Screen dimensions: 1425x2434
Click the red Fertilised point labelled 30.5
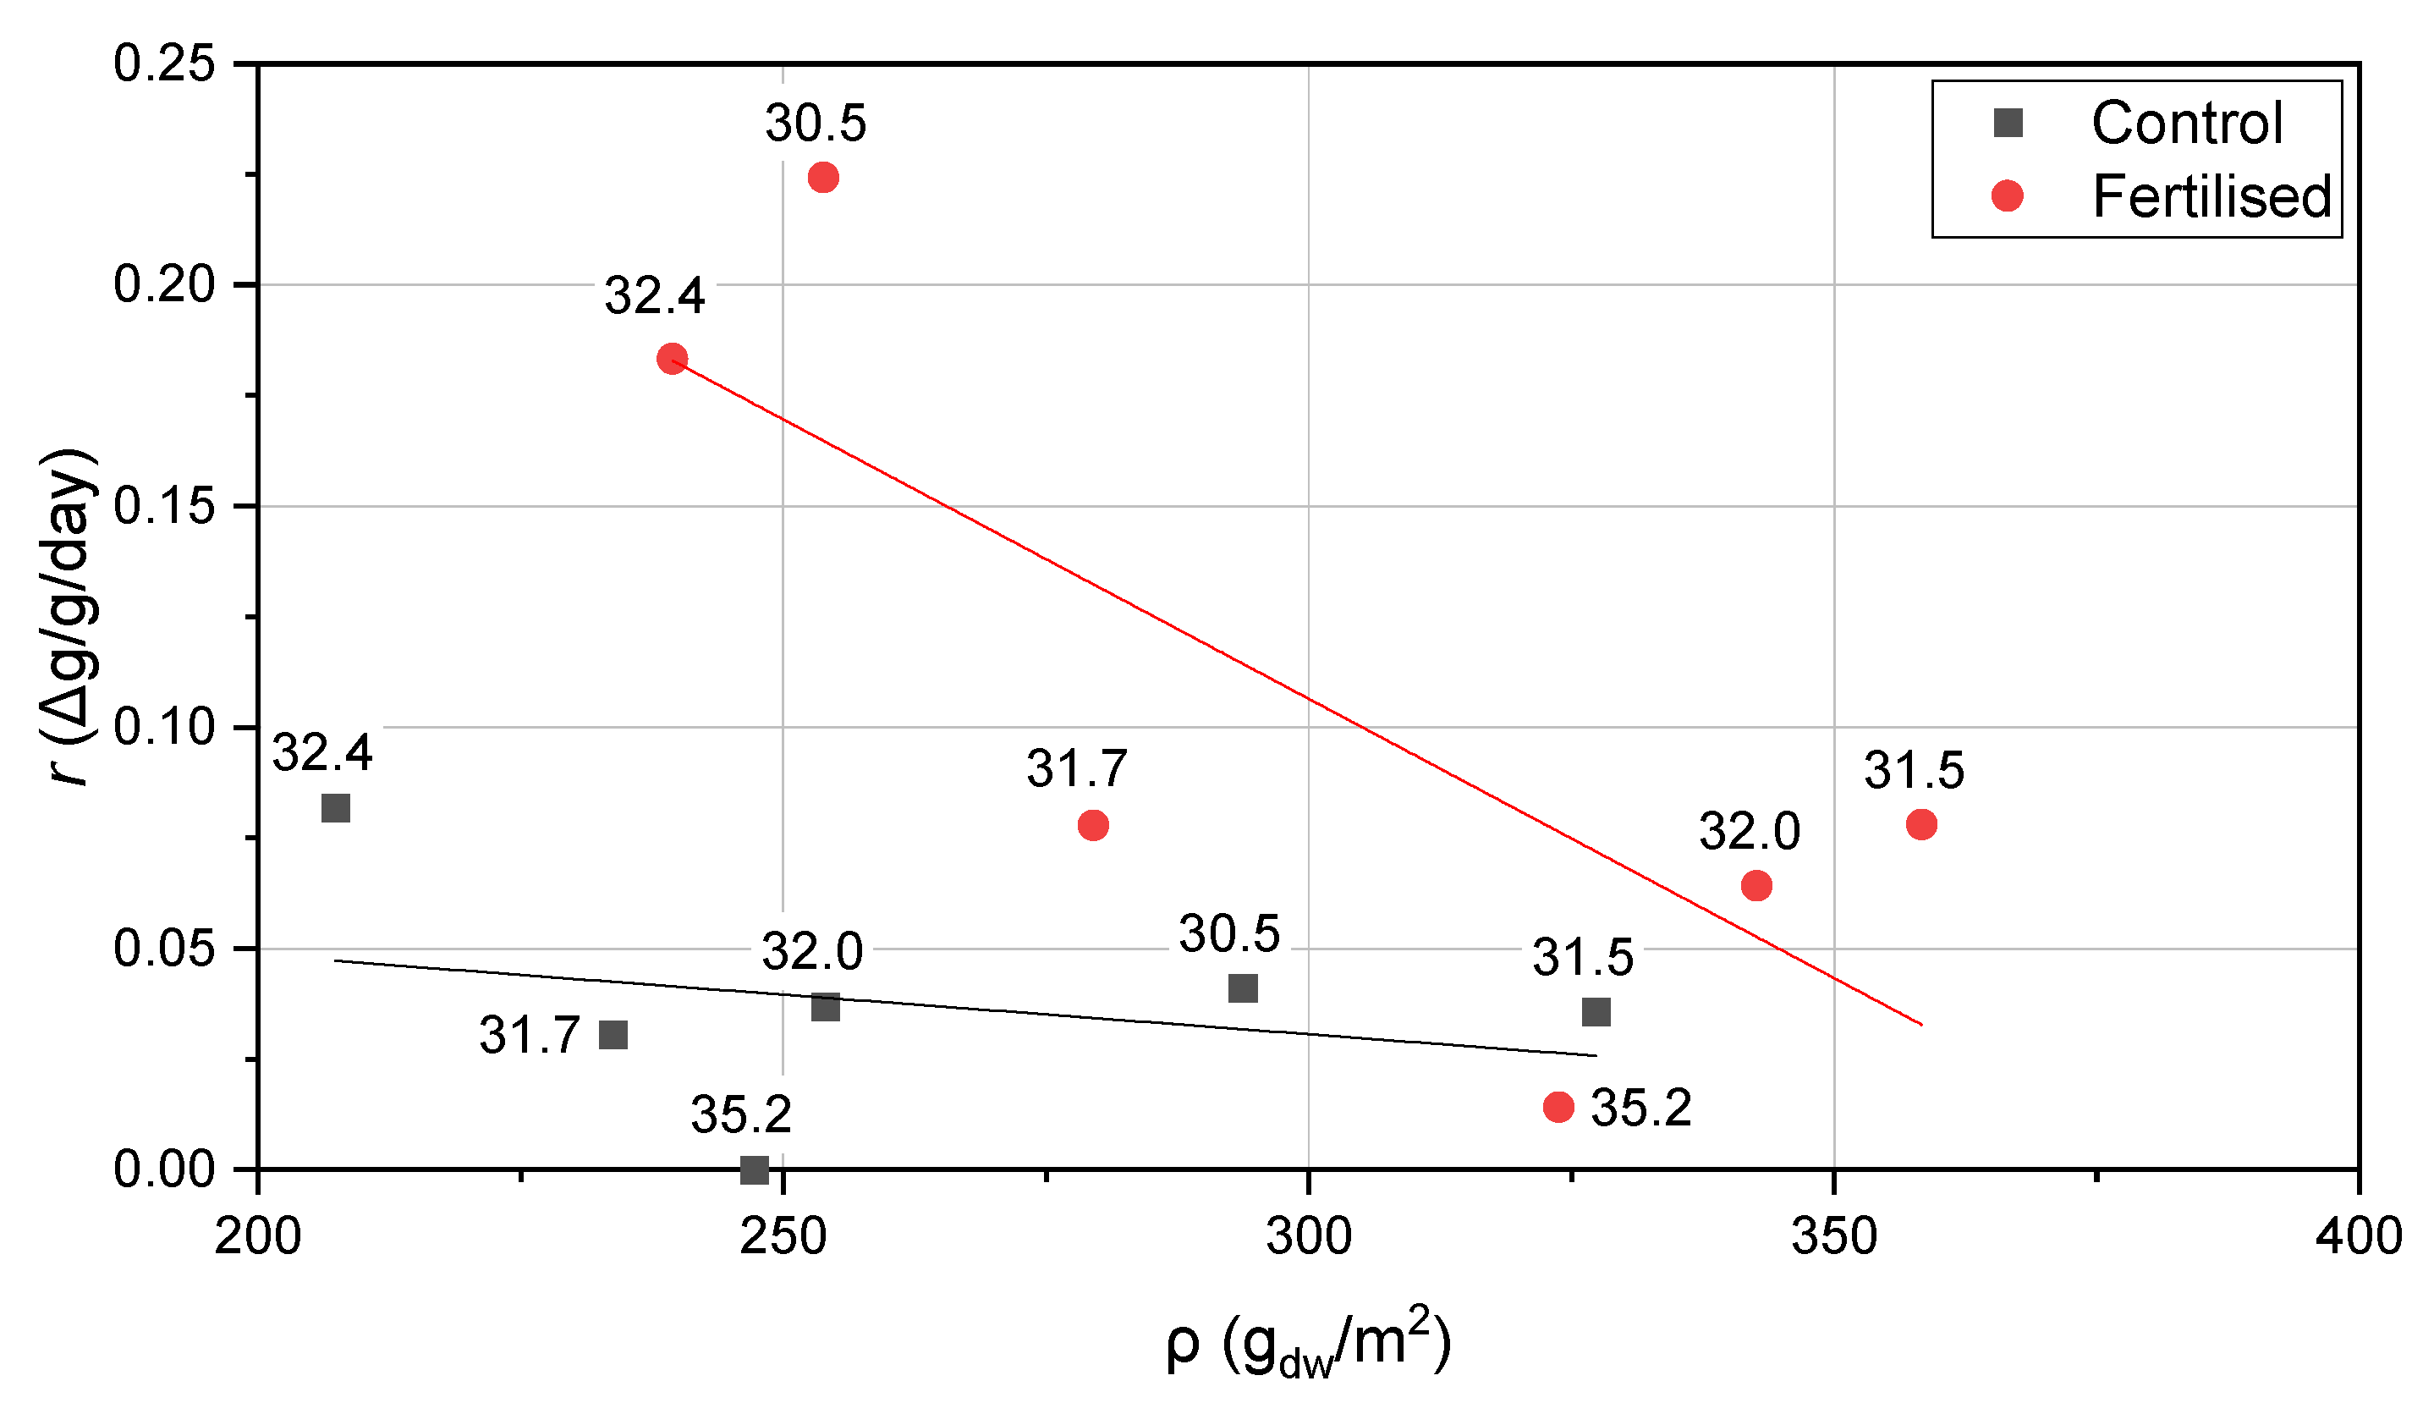[823, 178]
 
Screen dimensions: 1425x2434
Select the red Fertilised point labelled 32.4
[673, 360]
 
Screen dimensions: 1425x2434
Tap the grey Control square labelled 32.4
[335, 809]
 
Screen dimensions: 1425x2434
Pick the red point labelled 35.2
[1559, 1107]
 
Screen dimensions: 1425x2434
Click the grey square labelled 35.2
[755, 1171]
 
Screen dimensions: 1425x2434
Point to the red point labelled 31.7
[1092, 826]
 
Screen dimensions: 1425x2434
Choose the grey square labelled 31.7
[613, 1036]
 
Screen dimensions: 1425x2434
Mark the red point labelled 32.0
[1757, 886]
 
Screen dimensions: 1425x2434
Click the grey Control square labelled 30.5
[1243, 989]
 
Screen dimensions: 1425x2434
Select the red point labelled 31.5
[1922, 825]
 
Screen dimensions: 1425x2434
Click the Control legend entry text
[2187, 124]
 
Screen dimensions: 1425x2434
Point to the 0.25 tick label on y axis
[164, 64]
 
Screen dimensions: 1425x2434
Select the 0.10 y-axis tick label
[164, 728]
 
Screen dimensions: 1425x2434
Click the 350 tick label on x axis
[1834, 1238]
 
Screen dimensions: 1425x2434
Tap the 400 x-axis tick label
[2359, 1238]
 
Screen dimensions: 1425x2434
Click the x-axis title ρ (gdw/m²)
[1309, 1345]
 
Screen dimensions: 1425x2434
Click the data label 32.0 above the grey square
[811, 953]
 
